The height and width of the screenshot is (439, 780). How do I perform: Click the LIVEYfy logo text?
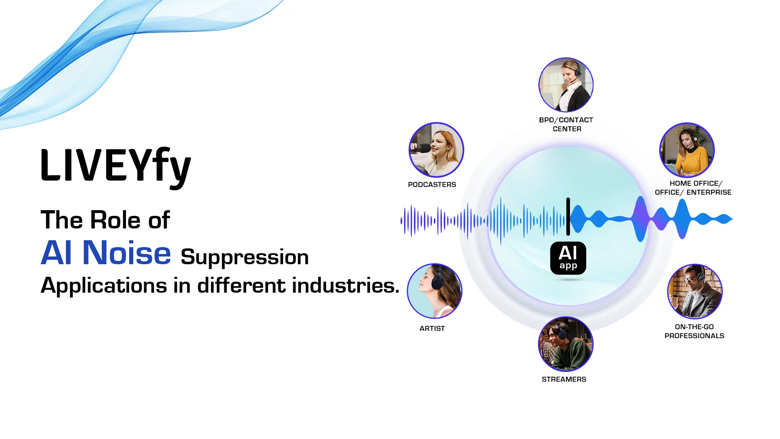click(x=116, y=166)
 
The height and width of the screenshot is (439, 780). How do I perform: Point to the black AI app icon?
click(x=568, y=258)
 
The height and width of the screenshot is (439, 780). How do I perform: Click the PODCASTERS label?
click(x=432, y=185)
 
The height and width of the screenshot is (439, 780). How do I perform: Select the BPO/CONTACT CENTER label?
click(x=566, y=124)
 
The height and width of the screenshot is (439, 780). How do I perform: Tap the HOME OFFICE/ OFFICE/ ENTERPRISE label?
click(x=693, y=188)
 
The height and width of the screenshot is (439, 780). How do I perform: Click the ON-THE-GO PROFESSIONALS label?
click(x=694, y=331)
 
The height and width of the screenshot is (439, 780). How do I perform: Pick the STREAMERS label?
click(x=564, y=379)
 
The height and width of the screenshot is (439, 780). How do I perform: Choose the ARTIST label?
click(x=432, y=328)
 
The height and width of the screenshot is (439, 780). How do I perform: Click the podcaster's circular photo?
click(x=436, y=150)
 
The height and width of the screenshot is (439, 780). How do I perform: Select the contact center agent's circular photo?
click(x=566, y=85)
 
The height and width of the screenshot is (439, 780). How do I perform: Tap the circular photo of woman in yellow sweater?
click(x=687, y=150)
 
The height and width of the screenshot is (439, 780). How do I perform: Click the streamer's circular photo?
click(x=566, y=344)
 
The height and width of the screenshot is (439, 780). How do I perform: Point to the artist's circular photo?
click(x=435, y=291)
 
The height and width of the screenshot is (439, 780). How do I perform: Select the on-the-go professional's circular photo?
click(x=695, y=291)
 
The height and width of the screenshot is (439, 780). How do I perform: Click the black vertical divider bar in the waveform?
click(x=568, y=217)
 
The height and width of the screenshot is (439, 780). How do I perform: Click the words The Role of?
click(x=105, y=220)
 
